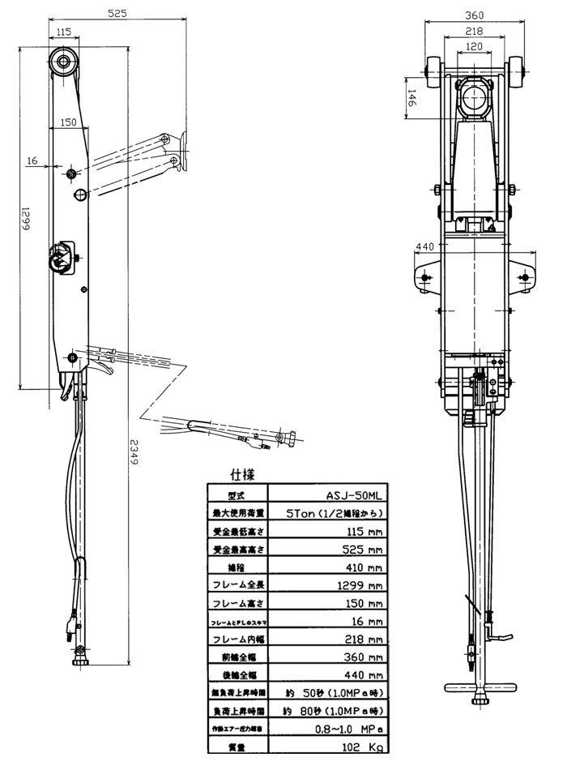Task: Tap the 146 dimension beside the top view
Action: [411, 100]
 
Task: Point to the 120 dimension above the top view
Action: [475, 47]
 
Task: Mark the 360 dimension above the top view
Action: [475, 15]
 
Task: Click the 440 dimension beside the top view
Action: [425, 246]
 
